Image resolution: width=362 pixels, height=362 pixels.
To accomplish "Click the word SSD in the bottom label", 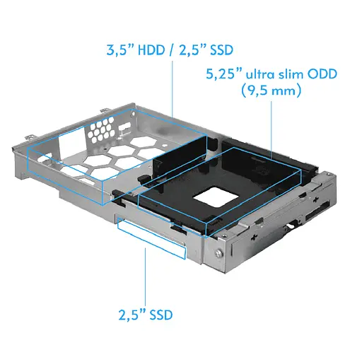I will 160,313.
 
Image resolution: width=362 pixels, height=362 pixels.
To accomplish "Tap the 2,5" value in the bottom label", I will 131,313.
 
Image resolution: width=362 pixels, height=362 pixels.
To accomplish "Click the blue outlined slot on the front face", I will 151,238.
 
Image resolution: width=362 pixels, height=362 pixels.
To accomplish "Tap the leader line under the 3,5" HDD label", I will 173,88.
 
